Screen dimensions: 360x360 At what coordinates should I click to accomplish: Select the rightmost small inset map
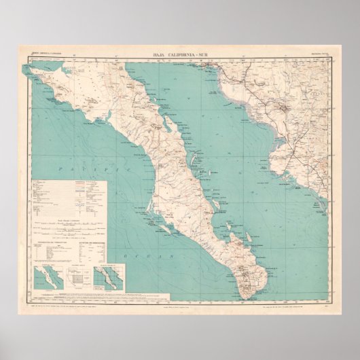109,278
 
